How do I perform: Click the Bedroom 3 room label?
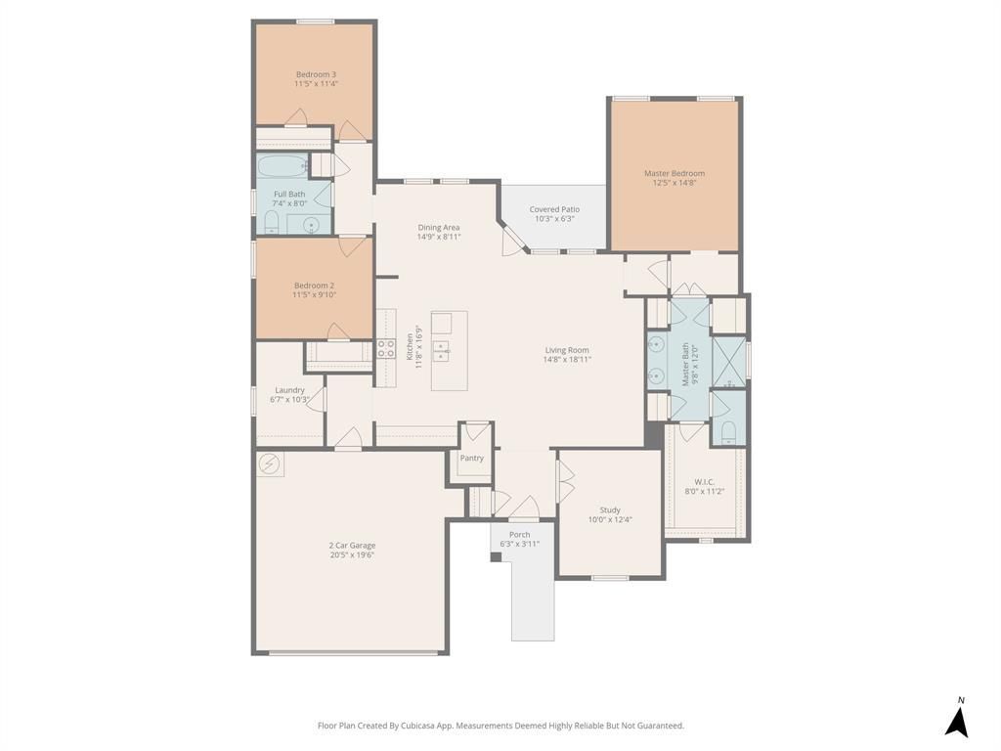click(x=316, y=74)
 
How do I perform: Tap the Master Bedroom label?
click(x=675, y=173)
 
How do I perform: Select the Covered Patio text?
click(x=554, y=209)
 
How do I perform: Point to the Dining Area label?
click(x=439, y=227)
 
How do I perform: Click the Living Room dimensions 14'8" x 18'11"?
click(x=567, y=360)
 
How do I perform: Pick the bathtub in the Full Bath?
click(x=283, y=166)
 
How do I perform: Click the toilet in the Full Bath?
click(x=272, y=223)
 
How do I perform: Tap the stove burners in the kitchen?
click(x=385, y=349)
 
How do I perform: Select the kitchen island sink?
click(x=441, y=351)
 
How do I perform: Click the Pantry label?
click(x=472, y=458)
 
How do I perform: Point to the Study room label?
click(x=610, y=510)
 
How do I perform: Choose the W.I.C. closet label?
click(x=704, y=482)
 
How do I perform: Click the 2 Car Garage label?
click(x=352, y=546)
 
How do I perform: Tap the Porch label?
click(x=520, y=535)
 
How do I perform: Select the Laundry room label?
click(x=289, y=390)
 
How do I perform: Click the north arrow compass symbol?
click(x=956, y=719)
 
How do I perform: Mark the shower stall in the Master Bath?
click(x=728, y=362)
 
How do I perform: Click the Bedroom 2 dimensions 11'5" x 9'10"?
click(x=314, y=295)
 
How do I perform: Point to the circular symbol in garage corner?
click(x=270, y=464)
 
